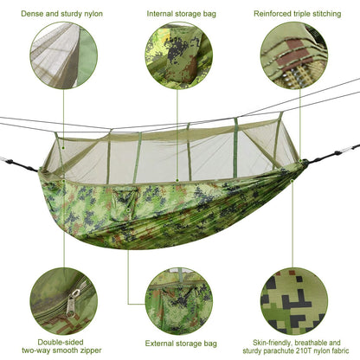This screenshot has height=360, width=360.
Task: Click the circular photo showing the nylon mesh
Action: click(62, 57)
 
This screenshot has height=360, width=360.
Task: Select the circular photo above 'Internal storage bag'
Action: click(178, 57)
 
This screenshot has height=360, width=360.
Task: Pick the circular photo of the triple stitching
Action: click(294, 57)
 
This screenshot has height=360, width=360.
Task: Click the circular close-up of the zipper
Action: click(62, 299)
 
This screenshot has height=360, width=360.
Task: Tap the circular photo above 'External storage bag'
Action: click(178, 299)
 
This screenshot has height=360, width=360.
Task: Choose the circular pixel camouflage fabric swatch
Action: click(294, 299)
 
